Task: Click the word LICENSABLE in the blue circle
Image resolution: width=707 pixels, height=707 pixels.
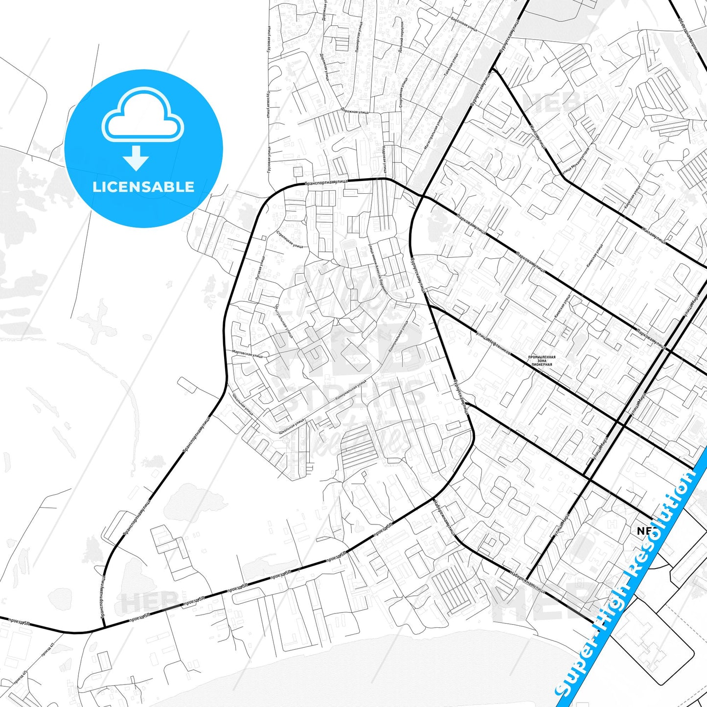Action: (x=143, y=187)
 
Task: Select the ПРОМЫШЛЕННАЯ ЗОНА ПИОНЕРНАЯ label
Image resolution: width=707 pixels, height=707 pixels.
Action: (x=542, y=361)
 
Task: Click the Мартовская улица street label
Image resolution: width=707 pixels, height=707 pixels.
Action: (x=247, y=354)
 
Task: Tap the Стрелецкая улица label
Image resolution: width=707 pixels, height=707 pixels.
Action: (x=290, y=239)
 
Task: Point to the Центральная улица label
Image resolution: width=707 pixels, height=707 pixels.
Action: (x=284, y=321)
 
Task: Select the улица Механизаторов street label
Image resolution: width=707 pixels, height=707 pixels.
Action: (x=575, y=161)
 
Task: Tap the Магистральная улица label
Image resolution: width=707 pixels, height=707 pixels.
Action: (x=433, y=133)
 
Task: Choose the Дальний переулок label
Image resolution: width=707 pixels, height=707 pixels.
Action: (x=401, y=37)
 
